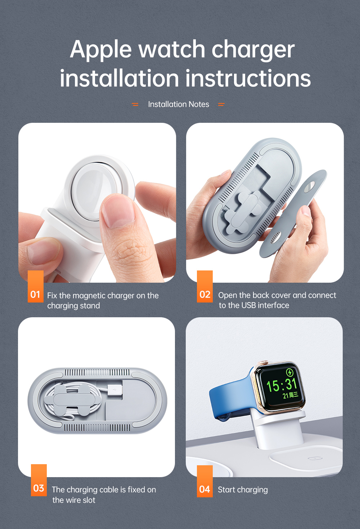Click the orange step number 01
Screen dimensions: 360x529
pyautogui.click(x=35, y=295)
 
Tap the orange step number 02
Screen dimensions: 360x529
pyautogui.click(x=205, y=295)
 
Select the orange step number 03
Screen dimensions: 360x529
pyautogui.click(x=39, y=488)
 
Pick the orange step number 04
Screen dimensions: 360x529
pyautogui.click(x=204, y=489)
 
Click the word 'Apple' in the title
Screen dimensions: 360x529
pyautogui.click(x=101, y=50)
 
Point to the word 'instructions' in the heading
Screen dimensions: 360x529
pyautogui.click(x=248, y=79)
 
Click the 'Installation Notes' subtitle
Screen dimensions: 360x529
pyautogui.click(x=179, y=104)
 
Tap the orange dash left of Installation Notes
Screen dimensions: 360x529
pyautogui.click(x=135, y=104)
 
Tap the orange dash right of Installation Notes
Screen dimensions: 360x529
pyautogui.click(x=221, y=104)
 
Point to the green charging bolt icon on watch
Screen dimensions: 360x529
pyautogui.click(x=290, y=372)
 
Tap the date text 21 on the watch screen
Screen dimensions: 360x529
pyautogui.click(x=285, y=395)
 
